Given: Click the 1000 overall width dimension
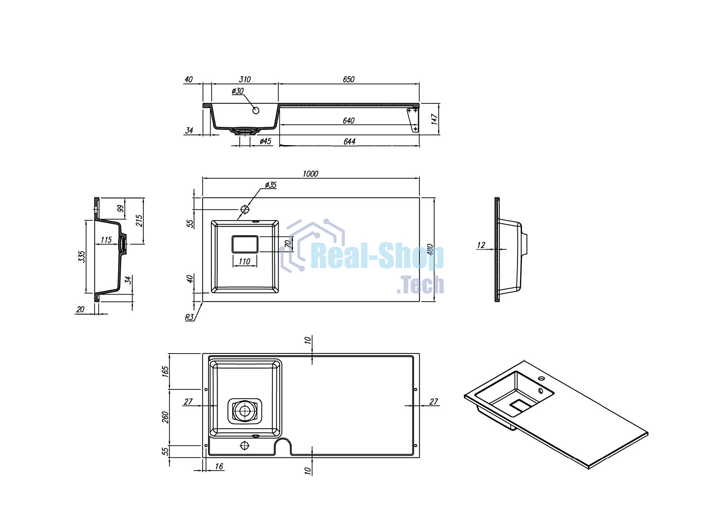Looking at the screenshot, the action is tap(310, 174).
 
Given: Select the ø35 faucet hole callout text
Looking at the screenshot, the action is tap(271, 185).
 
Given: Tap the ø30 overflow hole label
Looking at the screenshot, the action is tap(238, 91).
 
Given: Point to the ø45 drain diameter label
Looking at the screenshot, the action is tap(266, 141).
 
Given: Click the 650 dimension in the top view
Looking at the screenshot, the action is tap(349, 79).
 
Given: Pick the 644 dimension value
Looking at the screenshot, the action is tap(349, 141).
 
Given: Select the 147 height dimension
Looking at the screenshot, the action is tap(435, 119).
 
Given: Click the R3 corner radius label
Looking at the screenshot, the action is tap(189, 317).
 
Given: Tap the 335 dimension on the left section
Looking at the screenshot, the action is tap(82, 257).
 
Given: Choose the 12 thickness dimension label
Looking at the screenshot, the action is tap(481, 245).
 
